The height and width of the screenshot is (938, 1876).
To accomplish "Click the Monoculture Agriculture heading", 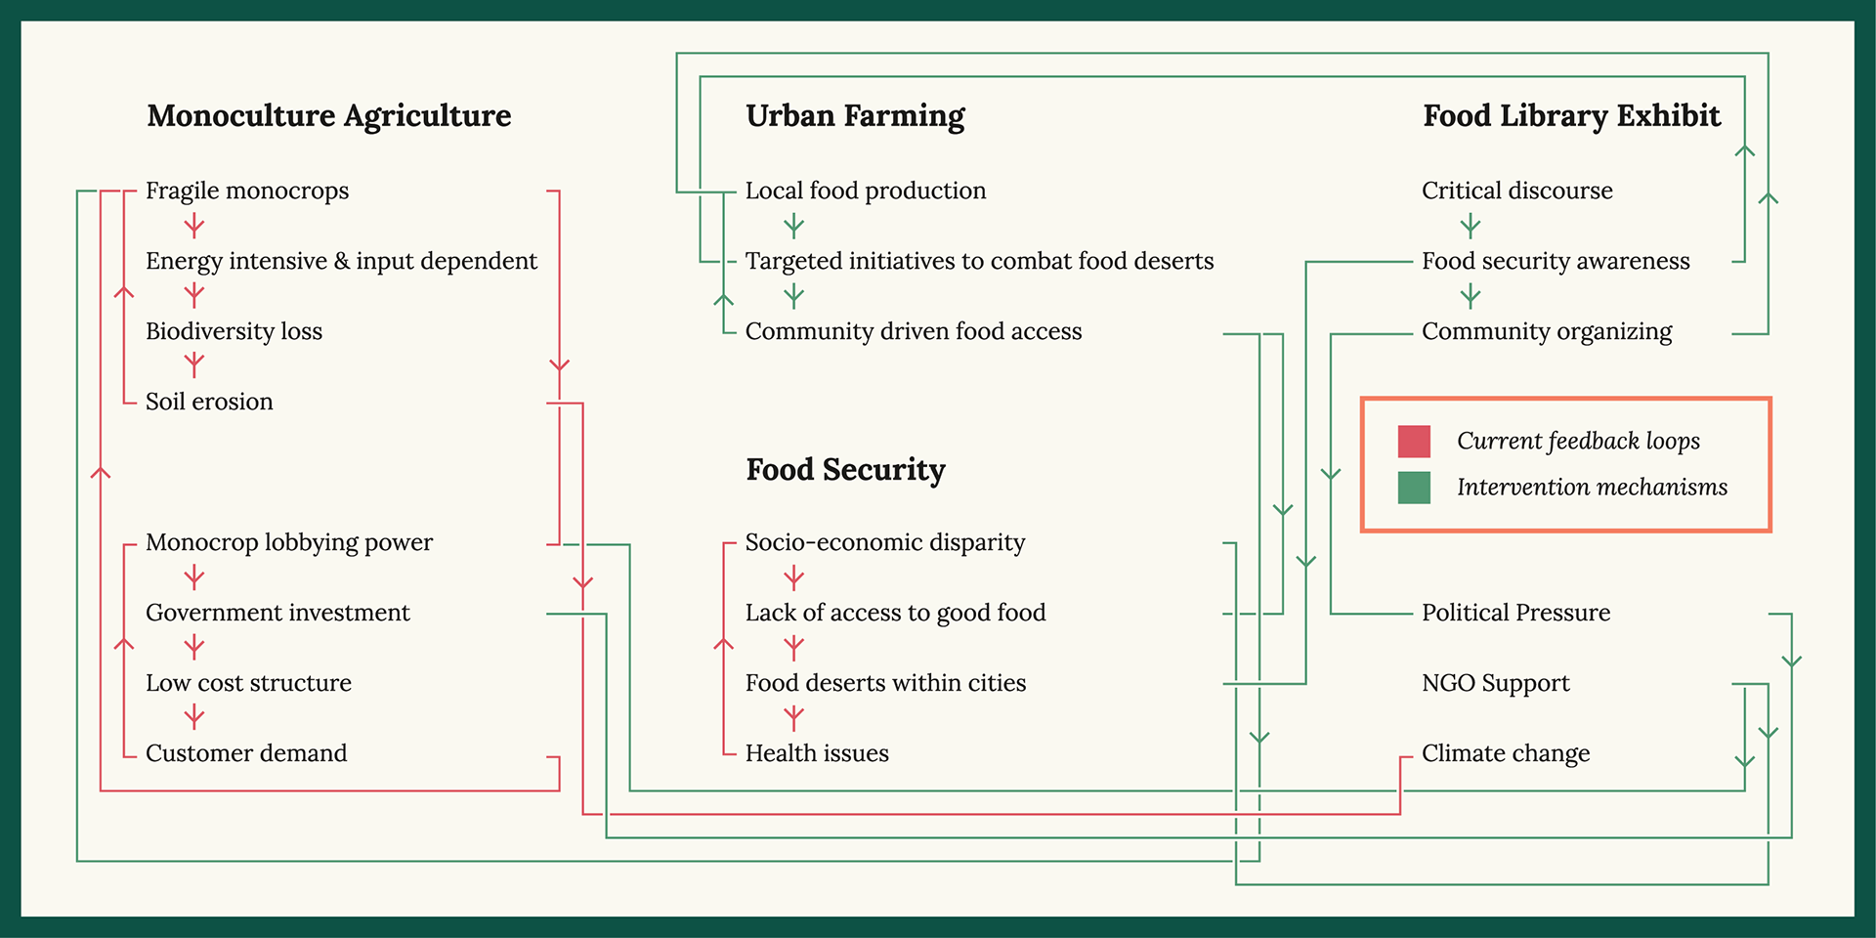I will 329,116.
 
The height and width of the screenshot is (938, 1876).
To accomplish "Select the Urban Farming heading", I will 855,116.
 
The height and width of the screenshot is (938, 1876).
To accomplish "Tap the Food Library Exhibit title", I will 1571,116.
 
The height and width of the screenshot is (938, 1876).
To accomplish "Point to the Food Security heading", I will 845,470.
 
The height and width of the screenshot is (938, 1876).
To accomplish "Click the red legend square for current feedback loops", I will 1414,442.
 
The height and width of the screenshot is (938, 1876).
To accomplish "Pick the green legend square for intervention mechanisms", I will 1414,488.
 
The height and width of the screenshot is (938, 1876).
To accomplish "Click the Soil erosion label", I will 209,402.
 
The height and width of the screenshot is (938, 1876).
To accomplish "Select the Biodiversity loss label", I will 234,331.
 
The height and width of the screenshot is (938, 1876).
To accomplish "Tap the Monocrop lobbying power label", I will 289,542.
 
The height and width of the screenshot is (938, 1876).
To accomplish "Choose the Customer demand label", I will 246,753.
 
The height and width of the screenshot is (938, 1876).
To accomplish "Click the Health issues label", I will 817,753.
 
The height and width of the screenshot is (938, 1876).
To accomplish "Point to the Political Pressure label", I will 1515,613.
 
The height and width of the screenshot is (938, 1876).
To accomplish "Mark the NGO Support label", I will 1495,683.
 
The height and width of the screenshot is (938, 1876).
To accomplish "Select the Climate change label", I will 1506,753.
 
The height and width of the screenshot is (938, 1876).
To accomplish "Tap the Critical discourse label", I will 1516,191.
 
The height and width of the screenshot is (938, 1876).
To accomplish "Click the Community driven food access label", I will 914,331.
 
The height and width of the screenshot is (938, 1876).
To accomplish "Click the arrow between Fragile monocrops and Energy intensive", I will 194,227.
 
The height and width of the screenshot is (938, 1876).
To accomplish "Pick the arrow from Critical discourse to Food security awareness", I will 1471,227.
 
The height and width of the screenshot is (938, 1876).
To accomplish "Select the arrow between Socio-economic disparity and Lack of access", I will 794,578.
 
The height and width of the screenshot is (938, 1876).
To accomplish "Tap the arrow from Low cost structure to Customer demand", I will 194,718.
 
